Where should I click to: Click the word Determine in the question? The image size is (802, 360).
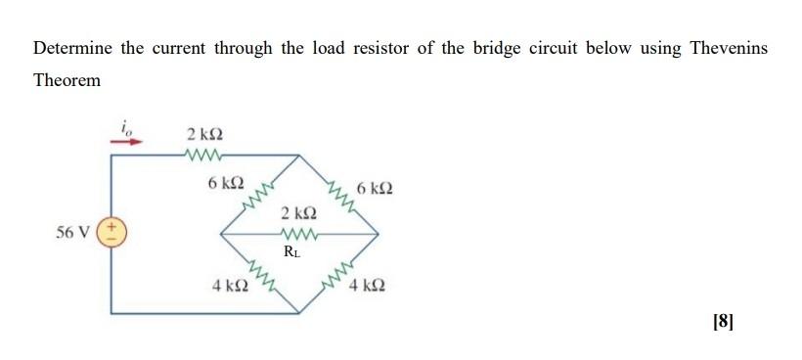71,48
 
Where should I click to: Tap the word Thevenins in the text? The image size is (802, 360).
726,48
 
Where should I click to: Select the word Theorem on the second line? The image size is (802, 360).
67,80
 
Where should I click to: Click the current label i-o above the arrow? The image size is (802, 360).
126,125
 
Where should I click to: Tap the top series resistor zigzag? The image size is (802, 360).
203,153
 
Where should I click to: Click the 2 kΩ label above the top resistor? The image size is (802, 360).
203,133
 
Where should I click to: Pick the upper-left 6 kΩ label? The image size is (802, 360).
226,182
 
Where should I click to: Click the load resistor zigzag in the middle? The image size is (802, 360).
298,233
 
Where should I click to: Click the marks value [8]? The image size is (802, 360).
723,319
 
